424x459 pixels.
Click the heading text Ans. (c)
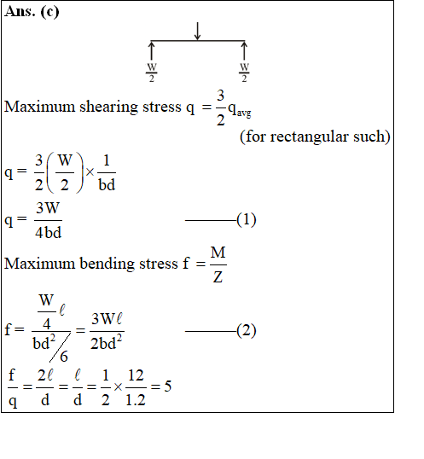pos(32,12)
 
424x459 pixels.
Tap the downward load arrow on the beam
pos(198,31)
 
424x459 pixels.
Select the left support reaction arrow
pos(151,50)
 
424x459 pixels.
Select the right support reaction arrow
pos(244,50)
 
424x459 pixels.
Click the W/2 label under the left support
pos(152,73)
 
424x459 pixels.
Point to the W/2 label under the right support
pos(244,73)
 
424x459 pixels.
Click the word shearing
pos(109,107)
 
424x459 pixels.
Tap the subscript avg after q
pos(244,113)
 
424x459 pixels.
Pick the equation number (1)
pos(247,219)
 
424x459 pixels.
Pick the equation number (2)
pos(247,330)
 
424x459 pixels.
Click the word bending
pos(107,264)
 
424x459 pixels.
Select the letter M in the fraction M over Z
pos(218,253)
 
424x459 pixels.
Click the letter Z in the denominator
pos(218,276)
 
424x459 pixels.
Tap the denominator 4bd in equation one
pos(49,232)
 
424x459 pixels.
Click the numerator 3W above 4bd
pos(48,208)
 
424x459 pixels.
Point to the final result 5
pos(168,386)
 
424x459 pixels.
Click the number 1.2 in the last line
pos(136,399)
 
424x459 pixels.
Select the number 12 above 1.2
pos(136,375)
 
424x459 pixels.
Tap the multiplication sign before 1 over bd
pos(90,172)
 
